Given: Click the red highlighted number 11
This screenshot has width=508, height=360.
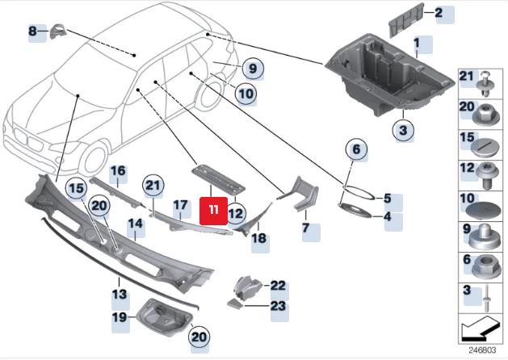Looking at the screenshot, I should [212, 209].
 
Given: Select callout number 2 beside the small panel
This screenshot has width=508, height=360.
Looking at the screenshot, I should [439, 13].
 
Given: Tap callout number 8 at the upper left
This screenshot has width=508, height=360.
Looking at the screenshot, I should [33, 31].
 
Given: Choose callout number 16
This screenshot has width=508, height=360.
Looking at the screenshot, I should [118, 171].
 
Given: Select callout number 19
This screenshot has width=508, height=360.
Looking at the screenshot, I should [120, 317].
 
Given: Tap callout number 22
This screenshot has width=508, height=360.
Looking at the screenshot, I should [278, 285].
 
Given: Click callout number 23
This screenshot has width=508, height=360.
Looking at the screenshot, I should [278, 305].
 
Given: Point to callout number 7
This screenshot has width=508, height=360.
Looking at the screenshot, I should [306, 228].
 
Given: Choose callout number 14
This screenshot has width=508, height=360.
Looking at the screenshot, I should [135, 224].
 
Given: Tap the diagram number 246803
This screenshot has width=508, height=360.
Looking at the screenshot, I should [482, 352].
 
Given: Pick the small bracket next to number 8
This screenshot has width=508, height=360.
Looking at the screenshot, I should [59, 31].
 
